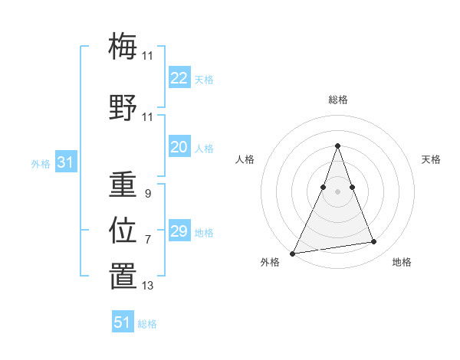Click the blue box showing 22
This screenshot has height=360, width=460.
179,78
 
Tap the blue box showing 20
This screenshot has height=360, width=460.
179,148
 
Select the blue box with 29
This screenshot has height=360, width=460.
179,231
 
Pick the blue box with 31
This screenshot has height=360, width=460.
65,163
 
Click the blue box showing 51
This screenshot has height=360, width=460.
123,322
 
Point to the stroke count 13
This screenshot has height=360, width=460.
147,286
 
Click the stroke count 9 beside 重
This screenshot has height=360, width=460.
147,194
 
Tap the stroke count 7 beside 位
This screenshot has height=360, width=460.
147,240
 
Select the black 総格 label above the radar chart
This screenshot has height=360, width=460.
337,100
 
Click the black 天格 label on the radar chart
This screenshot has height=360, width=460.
431,159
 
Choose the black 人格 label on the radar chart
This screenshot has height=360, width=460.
245,159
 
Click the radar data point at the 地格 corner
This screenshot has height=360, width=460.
374,242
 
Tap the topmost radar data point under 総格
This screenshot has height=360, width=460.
337,146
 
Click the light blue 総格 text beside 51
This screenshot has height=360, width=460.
147,324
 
